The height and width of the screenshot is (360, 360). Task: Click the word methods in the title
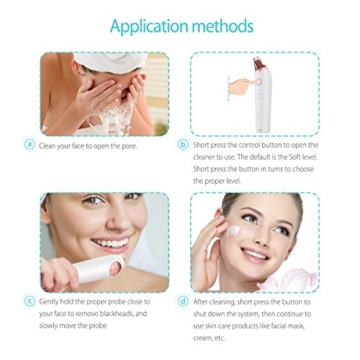[x=222, y=27]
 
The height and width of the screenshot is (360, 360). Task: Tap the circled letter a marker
[x=29, y=143]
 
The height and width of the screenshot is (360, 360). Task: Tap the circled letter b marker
[x=183, y=143]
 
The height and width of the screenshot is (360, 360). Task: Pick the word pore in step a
[x=135, y=144]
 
